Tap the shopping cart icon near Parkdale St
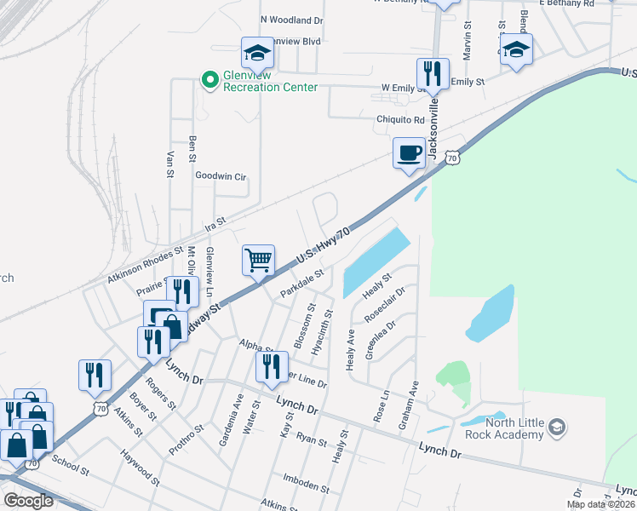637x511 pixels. pos(258,260)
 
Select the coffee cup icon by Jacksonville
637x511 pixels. pos(409,153)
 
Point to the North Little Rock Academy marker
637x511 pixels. pos(556,425)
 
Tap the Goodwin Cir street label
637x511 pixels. pos(221,176)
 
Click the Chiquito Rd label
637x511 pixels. pos(400,120)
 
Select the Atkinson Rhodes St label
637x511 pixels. pos(146,266)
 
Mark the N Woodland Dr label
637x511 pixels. pos(292,19)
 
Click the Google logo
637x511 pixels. pos(28,501)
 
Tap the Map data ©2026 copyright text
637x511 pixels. pos(600,504)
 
